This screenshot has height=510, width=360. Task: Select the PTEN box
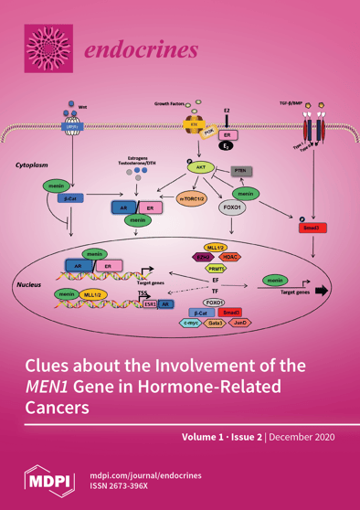click(241, 171)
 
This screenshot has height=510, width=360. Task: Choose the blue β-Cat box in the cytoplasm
click(70, 198)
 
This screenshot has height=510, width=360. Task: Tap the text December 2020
click(306, 438)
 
